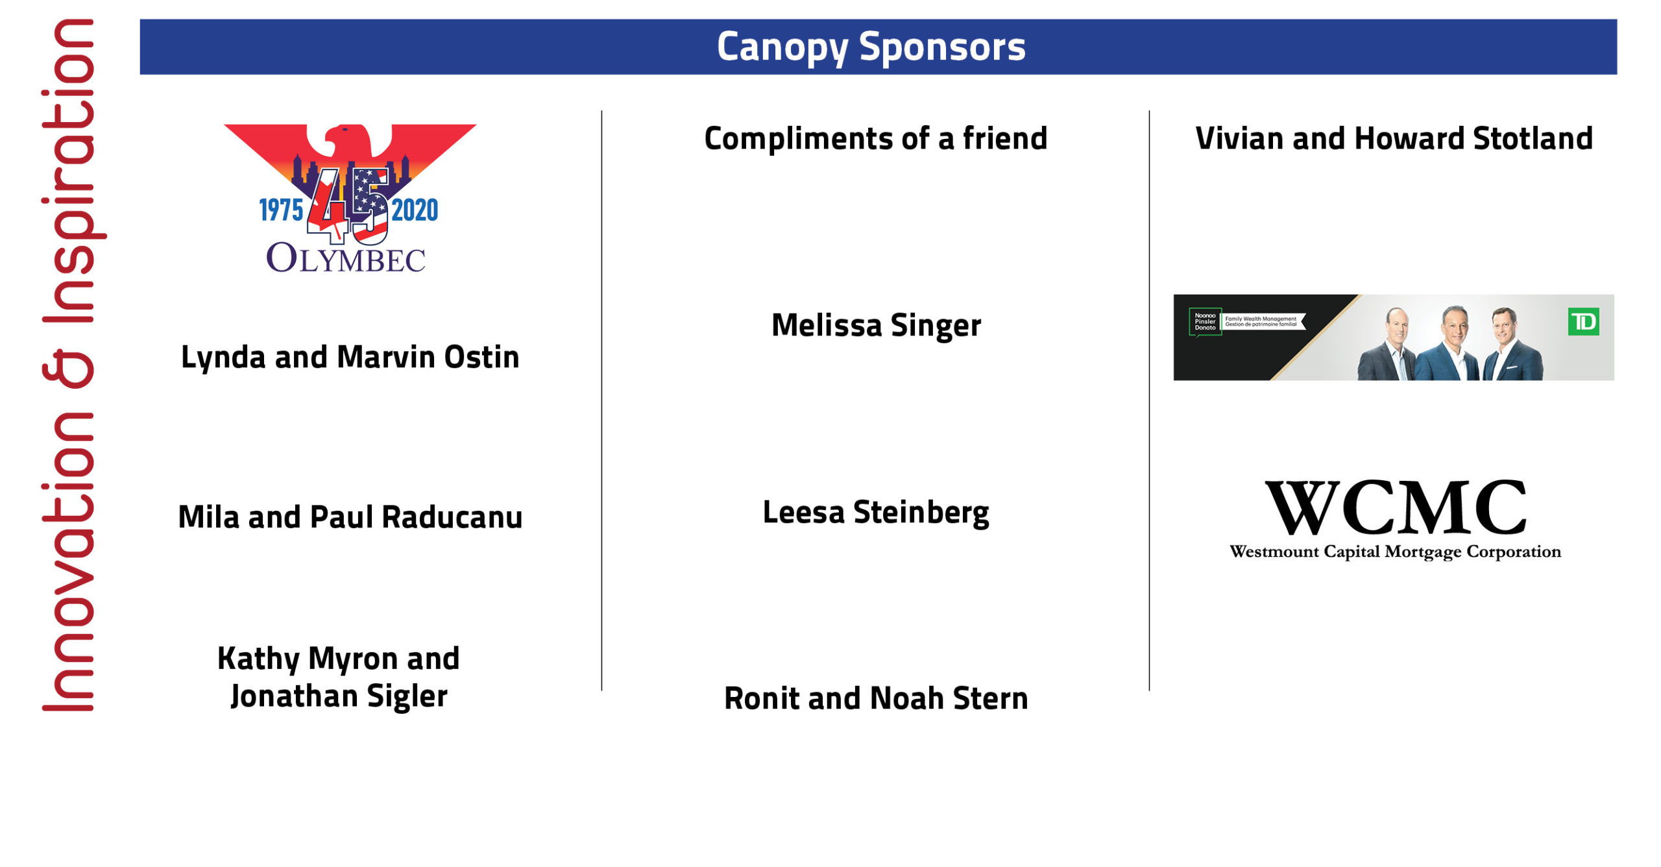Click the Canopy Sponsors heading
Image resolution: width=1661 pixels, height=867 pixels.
[x=871, y=47]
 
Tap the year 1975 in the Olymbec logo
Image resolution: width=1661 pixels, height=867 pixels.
[x=281, y=210]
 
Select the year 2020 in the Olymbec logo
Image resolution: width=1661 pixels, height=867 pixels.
[x=415, y=210]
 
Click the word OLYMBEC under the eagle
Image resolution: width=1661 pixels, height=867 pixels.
[x=346, y=258]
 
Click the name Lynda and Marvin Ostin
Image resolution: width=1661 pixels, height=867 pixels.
[x=350, y=357]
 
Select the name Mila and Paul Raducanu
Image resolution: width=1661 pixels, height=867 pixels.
[x=350, y=517]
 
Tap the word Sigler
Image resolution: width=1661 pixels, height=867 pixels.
[x=407, y=696]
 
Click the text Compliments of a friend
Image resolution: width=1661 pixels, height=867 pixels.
[x=875, y=138]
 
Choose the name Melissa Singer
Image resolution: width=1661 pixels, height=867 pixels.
[x=876, y=325]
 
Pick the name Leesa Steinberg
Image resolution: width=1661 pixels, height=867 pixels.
[x=876, y=512]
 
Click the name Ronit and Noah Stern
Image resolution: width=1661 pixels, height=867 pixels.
[x=876, y=698]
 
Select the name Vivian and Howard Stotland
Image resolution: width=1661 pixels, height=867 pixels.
[x=1394, y=138]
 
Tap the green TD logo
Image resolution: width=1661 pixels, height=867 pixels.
[x=1583, y=322]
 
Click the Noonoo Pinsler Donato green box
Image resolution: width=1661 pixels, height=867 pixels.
[x=1205, y=322]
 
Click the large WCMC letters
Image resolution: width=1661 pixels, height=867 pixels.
[x=1395, y=507]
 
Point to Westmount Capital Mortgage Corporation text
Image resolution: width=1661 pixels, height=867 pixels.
[x=1395, y=552]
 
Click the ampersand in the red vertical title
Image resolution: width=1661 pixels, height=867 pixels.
[x=68, y=369]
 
